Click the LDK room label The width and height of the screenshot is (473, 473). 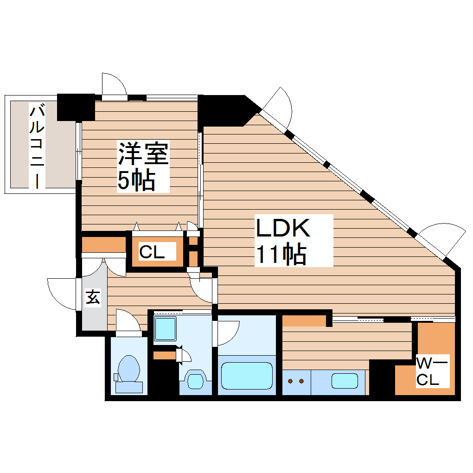(283, 228)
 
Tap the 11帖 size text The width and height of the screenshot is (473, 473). (281, 253)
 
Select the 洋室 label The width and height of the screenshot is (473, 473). (143, 153)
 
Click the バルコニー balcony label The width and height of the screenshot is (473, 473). (38, 146)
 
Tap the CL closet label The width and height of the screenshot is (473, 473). (152, 253)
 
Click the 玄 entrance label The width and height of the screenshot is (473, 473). (93, 297)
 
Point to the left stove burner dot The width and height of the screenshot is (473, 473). (291, 381)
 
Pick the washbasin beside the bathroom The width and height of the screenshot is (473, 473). (195, 380)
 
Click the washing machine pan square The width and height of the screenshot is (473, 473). (165, 329)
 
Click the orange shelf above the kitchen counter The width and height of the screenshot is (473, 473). (304, 320)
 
